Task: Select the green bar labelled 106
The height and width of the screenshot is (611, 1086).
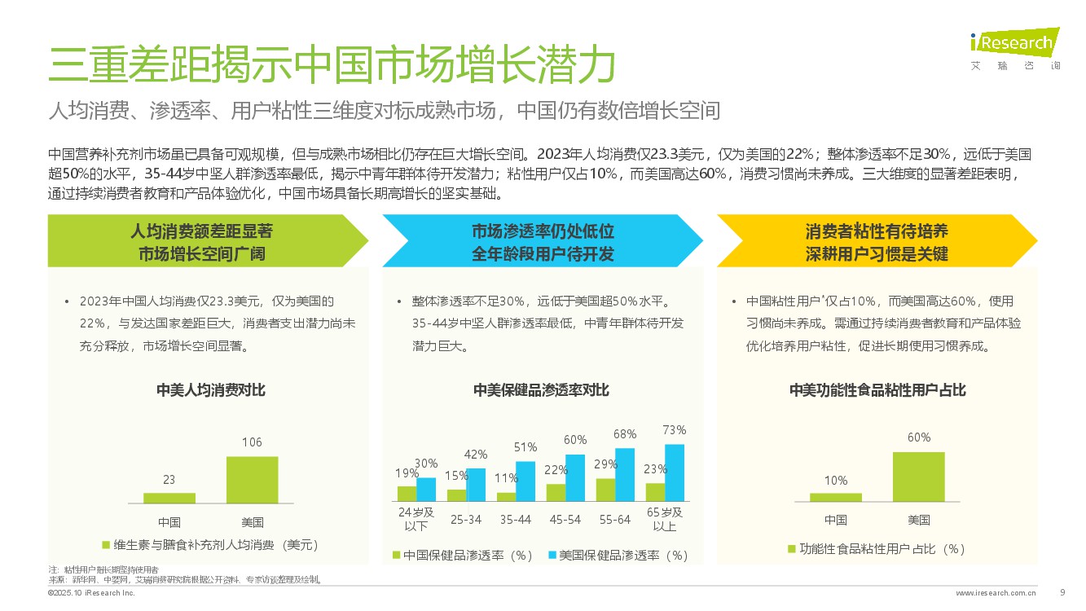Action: click(x=252, y=480)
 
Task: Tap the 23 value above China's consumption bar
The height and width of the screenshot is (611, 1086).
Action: click(x=169, y=480)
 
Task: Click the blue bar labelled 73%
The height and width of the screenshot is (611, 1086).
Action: click(x=675, y=473)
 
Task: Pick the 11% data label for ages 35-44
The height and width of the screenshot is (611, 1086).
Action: click(x=507, y=478)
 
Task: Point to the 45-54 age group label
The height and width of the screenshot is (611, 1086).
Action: click(x=565, y=519)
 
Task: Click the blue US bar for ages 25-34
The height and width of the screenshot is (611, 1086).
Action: click(x=476, y=485)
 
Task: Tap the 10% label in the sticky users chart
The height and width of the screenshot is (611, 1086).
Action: click(x=835, y=481)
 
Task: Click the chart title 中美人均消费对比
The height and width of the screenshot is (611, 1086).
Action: click(x=211, y=390)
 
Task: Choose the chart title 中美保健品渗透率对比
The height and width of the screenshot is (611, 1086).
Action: click(x=541, y=390)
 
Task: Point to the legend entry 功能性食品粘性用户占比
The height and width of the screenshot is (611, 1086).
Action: click(x=876, y=549)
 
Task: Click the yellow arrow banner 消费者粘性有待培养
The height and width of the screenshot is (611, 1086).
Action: click(x=876, y=242)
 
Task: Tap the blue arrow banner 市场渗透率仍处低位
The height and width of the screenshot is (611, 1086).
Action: click(x=542, y=242)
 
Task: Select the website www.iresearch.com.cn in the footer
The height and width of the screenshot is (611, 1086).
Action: click(x=996, y=593)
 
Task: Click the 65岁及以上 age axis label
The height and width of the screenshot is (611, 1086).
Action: click(x=665, y=519)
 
